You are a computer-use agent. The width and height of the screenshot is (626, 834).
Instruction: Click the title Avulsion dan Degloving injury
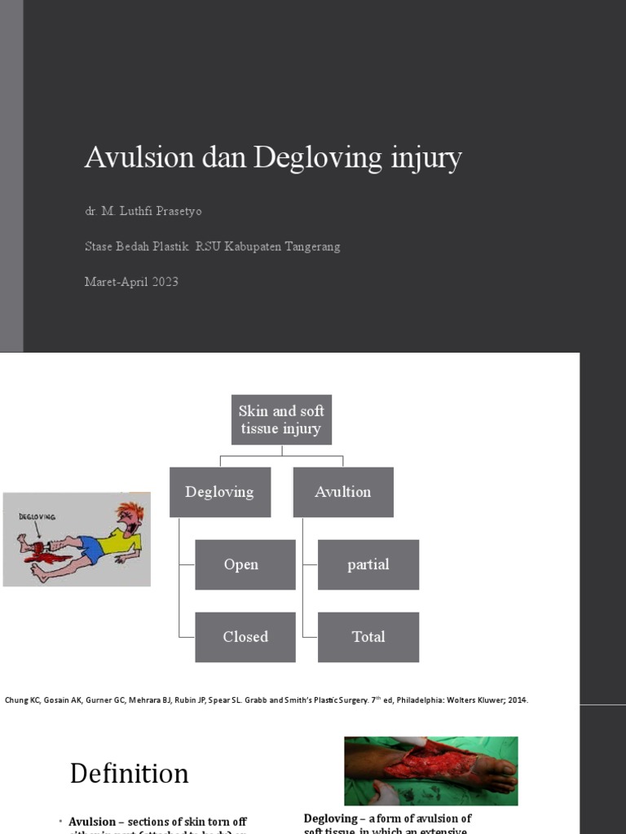272,157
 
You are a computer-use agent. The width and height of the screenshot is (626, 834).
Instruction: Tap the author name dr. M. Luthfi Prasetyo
143,211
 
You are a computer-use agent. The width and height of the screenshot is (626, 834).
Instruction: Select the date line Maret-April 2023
131,282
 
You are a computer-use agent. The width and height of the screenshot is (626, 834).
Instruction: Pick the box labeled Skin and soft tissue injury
281,419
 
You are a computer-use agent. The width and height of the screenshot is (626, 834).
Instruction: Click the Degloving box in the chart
219,492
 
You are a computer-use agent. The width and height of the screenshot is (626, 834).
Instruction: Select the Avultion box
342,492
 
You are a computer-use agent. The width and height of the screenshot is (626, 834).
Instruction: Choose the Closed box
245,637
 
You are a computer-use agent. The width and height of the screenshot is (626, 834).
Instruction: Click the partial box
368,564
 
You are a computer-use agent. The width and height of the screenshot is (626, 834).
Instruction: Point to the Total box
368,637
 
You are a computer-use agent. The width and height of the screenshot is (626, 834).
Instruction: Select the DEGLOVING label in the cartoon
37,516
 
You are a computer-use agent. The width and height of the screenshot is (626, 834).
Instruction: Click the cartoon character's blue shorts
91,550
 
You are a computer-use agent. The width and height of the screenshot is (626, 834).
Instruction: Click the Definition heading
129,773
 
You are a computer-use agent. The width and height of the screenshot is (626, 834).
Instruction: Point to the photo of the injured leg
430,770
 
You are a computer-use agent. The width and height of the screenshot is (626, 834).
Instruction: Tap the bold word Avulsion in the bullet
92,822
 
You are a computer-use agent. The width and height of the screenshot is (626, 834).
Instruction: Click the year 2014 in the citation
516,700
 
